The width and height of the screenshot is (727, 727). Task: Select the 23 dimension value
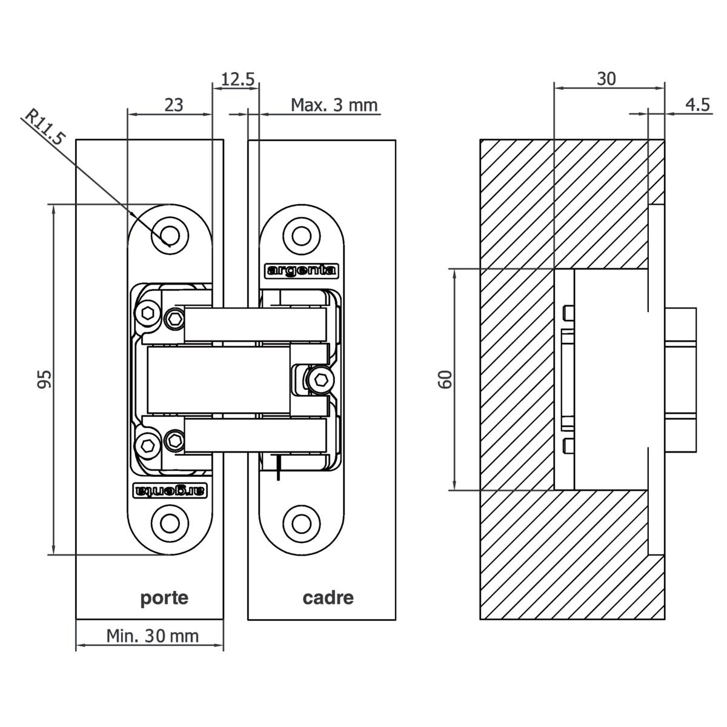point(174,104)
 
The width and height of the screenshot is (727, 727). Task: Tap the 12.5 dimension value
point(237,79)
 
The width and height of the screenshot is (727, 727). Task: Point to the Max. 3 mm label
point(334,105)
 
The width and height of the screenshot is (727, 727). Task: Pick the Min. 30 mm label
point(152,636)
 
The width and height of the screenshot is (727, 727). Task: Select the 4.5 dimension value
point(697,105)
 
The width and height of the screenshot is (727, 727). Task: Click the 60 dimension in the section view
point(445,379)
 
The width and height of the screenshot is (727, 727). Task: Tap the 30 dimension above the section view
point(606,79)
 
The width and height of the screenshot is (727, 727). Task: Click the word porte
point(164,598)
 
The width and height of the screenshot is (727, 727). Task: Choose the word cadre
point(328,598)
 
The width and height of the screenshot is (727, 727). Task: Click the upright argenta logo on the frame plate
point(302,270)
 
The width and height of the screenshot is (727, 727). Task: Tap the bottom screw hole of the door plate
point(170,523)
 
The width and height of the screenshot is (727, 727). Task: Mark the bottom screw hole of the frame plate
point(301,523)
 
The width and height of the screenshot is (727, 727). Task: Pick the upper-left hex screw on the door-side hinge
point(148,313)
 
